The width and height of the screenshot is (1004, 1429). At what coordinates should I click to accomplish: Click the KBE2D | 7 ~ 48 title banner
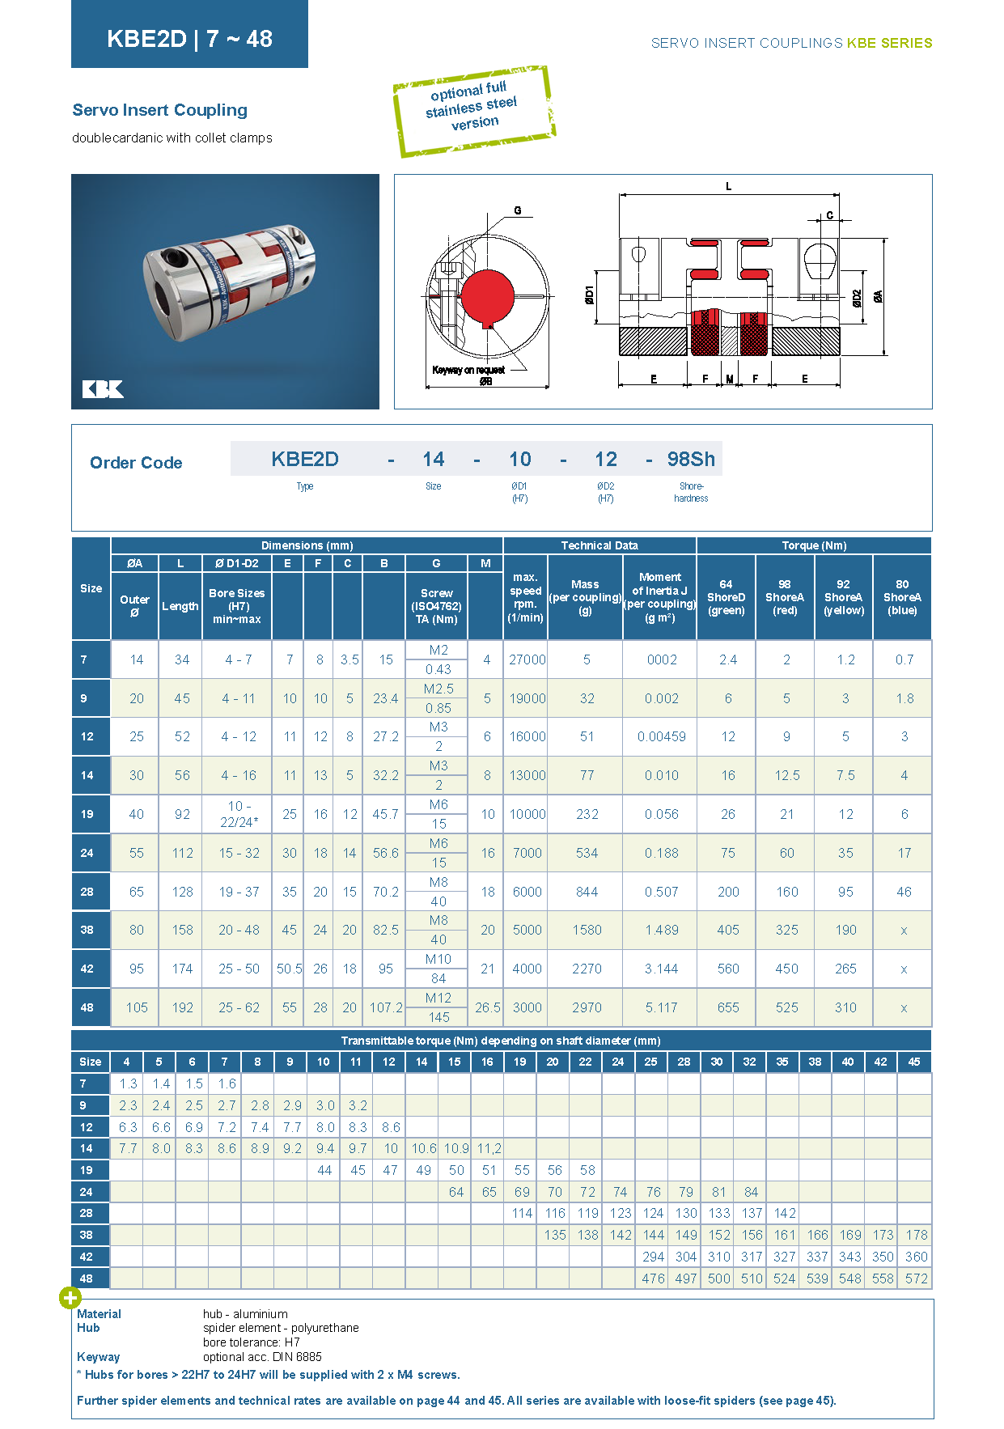[x=189, y=34]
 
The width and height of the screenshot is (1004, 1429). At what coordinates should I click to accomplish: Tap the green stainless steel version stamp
[x=474, y=111]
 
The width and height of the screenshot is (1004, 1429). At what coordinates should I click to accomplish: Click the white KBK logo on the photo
[x=103, y=389]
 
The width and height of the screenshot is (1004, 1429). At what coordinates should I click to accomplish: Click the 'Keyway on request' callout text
[x=468, y=370]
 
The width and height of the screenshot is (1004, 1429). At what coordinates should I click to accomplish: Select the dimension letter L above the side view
[x=728, y=187]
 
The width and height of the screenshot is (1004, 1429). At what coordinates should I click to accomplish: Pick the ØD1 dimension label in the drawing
[x=590, y=295]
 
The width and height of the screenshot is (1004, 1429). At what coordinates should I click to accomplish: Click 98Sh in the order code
[x=691, y=460]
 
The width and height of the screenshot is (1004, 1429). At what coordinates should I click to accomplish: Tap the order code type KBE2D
[x=305, y=460]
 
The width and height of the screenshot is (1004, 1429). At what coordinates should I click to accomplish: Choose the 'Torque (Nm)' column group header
[x=814, y=545]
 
